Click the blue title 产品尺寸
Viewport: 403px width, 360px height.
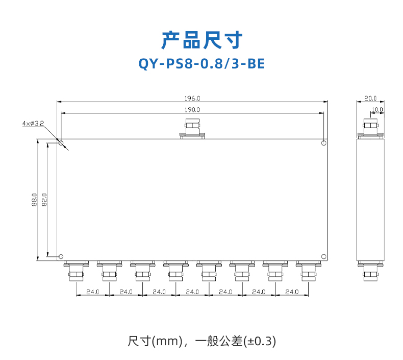[202, 40]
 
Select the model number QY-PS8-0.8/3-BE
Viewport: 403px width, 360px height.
[202, 63]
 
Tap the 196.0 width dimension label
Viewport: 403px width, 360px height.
[192, 99]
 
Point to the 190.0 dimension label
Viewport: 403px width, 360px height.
[192, 110]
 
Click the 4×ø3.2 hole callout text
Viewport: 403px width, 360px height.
[33, 123]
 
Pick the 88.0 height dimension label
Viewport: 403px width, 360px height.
[34, 200]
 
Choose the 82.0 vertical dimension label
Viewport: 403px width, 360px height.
[44, 200]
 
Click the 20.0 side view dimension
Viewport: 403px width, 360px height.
[370, 99]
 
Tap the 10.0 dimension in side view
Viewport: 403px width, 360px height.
[377, 109]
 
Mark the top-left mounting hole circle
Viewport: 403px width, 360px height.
[61, 143]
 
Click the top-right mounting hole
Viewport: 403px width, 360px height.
[324, 143]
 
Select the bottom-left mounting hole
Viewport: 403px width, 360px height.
[61, 256]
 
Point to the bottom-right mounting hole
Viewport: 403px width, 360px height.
[324, 256]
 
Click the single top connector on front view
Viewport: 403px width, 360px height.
[192, 129]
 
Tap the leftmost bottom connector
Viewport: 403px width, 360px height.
[76, 271]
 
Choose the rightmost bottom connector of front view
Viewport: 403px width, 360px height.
[309, 271]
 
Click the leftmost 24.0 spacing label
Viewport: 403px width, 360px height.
[93, 292]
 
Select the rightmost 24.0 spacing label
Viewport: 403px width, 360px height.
[292, 292]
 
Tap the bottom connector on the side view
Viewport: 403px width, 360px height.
[370, 271]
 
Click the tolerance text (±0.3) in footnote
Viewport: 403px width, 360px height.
[259, 341]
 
